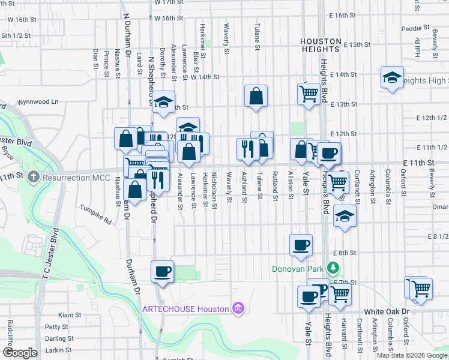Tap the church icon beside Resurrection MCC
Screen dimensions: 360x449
click(34, 178)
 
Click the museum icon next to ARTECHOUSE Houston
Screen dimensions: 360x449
click(238, 309)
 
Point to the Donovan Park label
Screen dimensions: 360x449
click(298, 268)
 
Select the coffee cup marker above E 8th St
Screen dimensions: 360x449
click(301, 244)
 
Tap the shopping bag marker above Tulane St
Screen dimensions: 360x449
click(256, 95)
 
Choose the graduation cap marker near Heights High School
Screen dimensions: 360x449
click(392, 77)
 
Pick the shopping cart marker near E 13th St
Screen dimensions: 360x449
click(309, 94)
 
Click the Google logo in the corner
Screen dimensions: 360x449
click(19, 352)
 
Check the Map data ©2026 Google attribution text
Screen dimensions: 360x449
click(411, 355)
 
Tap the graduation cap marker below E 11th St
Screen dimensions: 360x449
click(345, 217)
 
